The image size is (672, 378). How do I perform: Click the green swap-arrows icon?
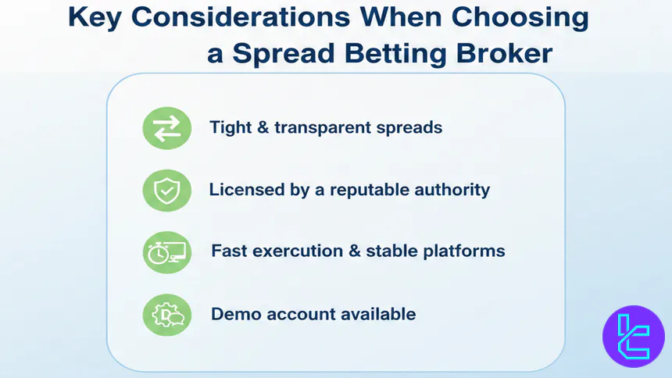pyautogui.click(x=166, y=127)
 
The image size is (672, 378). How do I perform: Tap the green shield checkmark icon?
pyautogui.click(x=166, y=190)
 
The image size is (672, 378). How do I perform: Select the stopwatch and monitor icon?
pyautogui.click(x=166, y=251)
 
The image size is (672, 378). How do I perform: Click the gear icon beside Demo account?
pyautogui.click(x=166, y=314)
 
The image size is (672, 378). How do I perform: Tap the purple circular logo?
pyautogui.click(x=633, y=336)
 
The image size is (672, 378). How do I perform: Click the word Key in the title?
pyautogui.click(x=93, y=17)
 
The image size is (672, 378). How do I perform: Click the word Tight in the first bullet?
pyautogui.click(x=231, y=127)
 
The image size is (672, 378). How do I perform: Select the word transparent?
pyautogui.click(x=329, y=127)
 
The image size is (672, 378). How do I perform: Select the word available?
pyautogui.click(x=376, y=314)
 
